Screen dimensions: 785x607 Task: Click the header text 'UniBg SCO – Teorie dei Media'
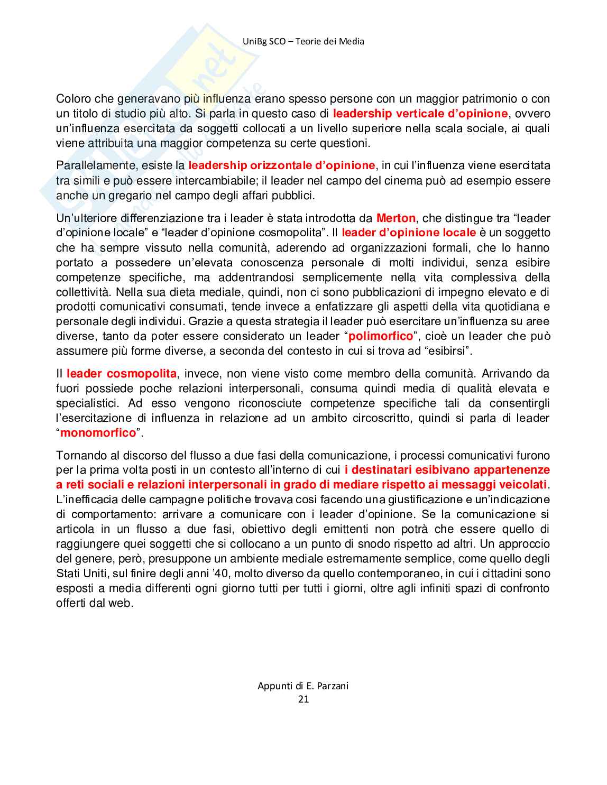pos(303,41)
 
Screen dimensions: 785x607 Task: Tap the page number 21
pos(303,699)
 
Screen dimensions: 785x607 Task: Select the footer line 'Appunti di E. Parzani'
pos(303,686)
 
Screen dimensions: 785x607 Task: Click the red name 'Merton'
pos(396,218)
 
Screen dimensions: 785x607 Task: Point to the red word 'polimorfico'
pos(381,336)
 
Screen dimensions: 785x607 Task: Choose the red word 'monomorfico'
pos(98,432)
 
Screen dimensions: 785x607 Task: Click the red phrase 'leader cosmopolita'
pos(122,373)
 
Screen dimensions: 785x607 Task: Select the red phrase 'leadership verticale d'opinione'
pos(420,113)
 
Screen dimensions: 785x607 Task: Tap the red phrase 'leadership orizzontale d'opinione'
pos(281,165)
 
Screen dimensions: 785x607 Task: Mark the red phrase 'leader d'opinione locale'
pos(409,233)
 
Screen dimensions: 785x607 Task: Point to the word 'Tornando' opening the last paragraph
pos(77,455)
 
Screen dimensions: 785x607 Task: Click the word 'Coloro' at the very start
pos(73,98)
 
